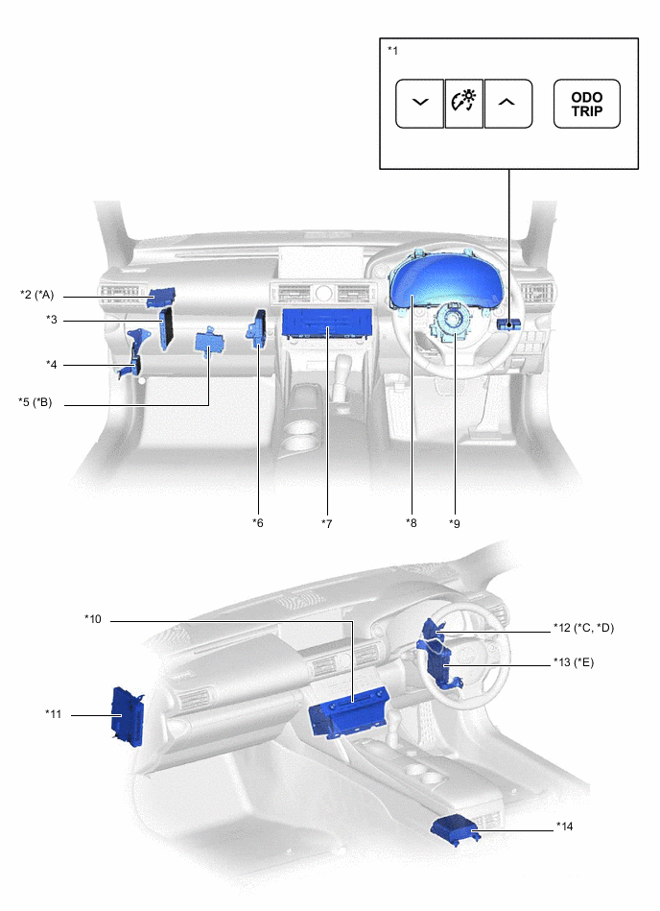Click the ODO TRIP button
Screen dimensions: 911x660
586,104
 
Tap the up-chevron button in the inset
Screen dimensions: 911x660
507,104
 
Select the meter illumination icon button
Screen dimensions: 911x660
463,104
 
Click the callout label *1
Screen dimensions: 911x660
392,49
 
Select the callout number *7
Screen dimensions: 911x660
327,523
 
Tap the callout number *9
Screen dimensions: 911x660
455,523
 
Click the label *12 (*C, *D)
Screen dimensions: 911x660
583,629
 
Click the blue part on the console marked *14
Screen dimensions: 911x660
455,827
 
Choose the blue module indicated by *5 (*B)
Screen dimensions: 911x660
209,342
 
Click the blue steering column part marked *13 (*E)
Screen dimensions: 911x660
439,663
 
